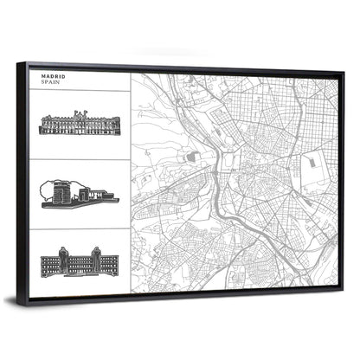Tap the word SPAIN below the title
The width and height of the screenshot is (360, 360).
coord(49,84)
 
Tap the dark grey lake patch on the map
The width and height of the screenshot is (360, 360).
coord(194,156)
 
